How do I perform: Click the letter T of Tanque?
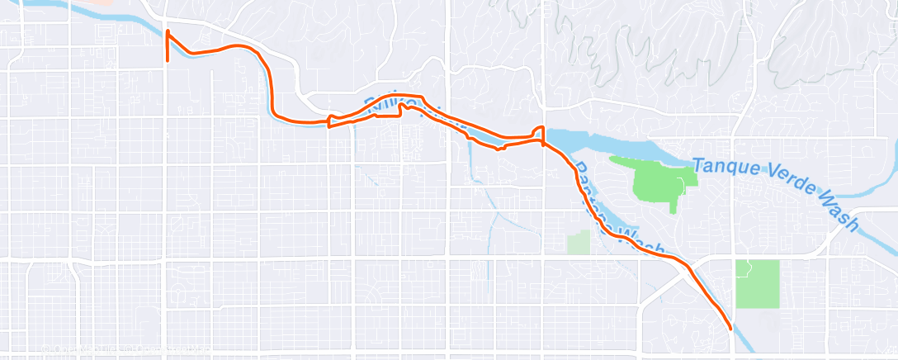698,164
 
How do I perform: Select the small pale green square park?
579,241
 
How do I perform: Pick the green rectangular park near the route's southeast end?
757,284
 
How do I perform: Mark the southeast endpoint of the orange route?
731,329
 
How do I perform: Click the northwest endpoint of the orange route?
168,60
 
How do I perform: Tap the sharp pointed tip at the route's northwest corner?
168,31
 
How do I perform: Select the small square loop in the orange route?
538,134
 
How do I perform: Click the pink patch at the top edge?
96,2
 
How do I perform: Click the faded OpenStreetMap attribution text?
124,350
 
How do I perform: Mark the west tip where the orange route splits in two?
329,123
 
